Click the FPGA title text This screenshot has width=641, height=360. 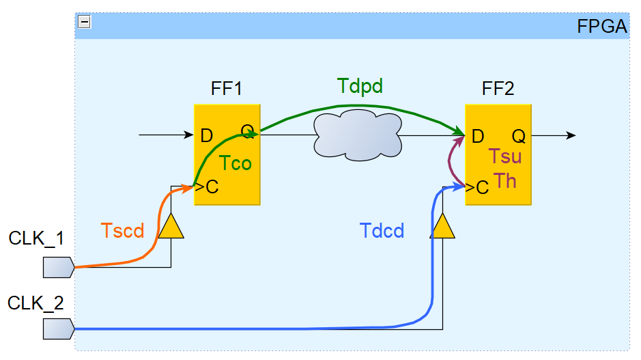[601, 27]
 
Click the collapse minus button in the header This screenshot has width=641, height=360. [85, 22]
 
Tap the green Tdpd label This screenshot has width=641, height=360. [360, 86]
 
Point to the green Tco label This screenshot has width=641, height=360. [236, 163]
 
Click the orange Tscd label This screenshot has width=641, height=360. [122, 231]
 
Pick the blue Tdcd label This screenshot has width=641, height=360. [382, 231]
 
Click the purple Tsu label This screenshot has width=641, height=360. [505, 156]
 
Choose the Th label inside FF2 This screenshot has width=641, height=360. [505, 181]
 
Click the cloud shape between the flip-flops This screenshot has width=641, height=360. [358, 135]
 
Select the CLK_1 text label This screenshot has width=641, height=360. [36, 238]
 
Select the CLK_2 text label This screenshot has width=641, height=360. [36, 303]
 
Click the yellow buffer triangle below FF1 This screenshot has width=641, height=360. [171, 226]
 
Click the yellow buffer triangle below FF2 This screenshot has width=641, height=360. [442, 226]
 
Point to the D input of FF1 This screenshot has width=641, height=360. [207, 136]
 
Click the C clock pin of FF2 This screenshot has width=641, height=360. [482, 187]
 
